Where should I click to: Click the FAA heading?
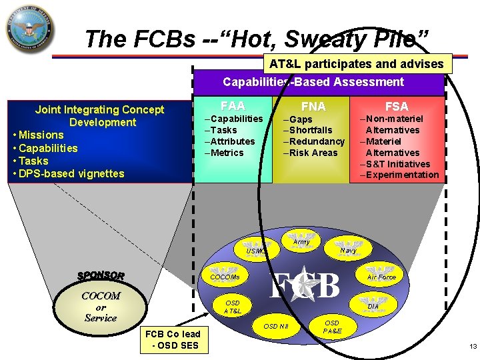coord(233,106)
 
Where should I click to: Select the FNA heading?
coord(313,107)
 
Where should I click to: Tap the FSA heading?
coord(397,107)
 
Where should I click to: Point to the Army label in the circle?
coord(302,243)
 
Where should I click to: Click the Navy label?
coord(348,251)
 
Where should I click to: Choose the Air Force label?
coord(381,277)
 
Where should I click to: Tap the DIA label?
coord(373,307)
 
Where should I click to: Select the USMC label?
coord(256,251)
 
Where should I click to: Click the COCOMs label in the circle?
coord(225,277)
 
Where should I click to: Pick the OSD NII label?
coord(275,326)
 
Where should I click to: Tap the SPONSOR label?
coord(101,275)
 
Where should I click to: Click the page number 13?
coord(473,346)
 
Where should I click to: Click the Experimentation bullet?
coord(402,175)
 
